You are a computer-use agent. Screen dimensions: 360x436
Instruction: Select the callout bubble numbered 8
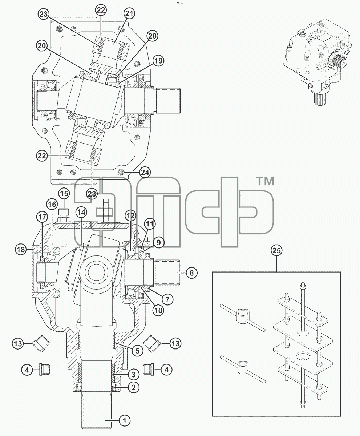pyautogui.click(x=191, y=273)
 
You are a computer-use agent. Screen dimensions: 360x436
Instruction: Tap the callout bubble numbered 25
pyautogui.click(x=276, y=250)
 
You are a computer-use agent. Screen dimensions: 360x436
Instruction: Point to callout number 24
pyautogui.click(x=145, y=173)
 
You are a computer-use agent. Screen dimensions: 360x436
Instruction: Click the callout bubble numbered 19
pyautogui.click(x=158, y=61)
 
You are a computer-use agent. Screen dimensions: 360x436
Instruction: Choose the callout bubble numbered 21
pyautogui.click(x=129, y=13)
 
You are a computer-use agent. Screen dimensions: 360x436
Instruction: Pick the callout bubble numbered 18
pyautogui.click(x=21, y=249)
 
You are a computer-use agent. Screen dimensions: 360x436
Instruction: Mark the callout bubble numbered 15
pyautogui.click(x=64, y=194)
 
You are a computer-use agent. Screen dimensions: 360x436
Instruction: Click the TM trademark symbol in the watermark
pyautogui.click(x=265, y=181)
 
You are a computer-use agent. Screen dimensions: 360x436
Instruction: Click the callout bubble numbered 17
pyautogui.click(x=42, y=217)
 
